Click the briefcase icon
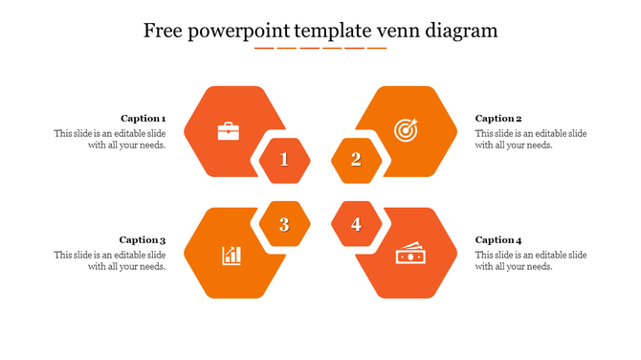point(229,131)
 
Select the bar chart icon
point(232,255)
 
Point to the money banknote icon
point(409,256)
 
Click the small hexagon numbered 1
point(284,160)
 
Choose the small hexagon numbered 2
point(356,160)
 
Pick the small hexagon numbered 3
point(284,225)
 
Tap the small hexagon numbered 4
point(356,225)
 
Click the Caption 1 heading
point(144,119)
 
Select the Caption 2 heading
point(498,119)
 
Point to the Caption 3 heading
point(143,240)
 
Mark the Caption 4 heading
point(498,240)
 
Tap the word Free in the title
point(164,31)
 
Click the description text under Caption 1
point(110,140)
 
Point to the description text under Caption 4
point(531,260)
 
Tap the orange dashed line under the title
point(320,47)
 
